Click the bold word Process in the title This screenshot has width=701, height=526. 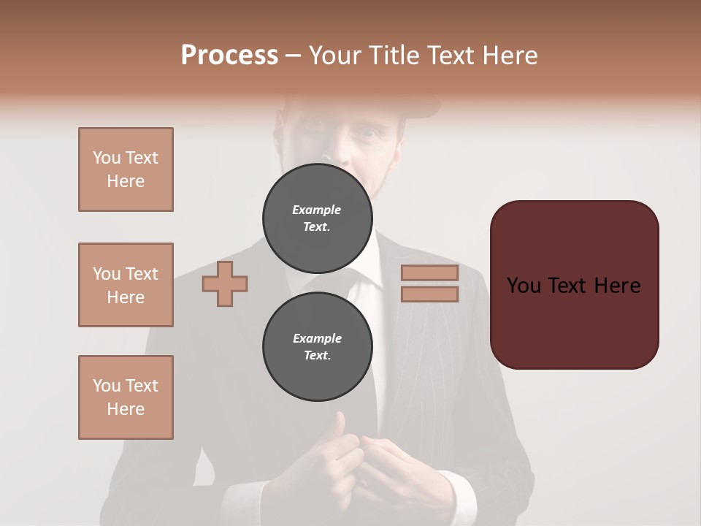[x=229, y=56]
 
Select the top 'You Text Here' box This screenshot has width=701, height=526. [x=126, y=169]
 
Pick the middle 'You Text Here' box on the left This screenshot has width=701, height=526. [x=126, y=285]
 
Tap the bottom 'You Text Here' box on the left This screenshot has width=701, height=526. [x=126, y=397]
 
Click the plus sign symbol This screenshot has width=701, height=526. [x=225, y=283]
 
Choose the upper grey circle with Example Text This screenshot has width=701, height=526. [x=317, y=218]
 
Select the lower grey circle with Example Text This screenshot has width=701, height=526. [x=317, y=346]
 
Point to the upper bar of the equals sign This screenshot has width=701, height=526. [x=429, y=272]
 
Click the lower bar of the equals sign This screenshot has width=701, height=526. [x=429, y=294]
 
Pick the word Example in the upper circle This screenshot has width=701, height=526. [x=317, y=210]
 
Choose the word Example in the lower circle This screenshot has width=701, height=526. [x=317, y=338]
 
